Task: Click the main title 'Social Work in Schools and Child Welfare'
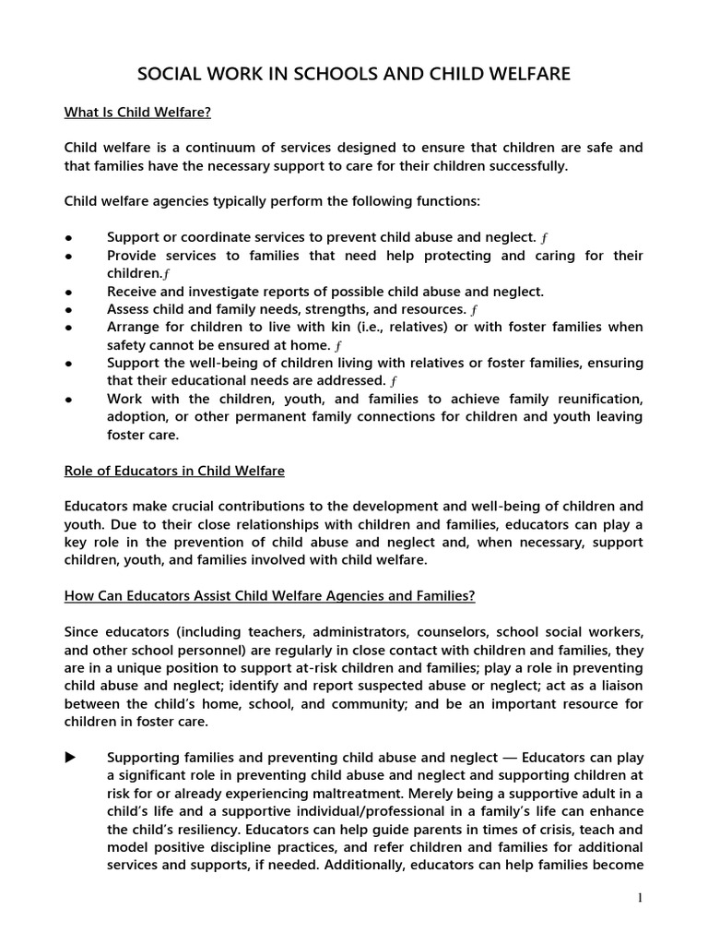click(354, 74)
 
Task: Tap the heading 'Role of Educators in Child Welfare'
click(174, 472)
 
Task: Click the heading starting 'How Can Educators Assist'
click(269, 596)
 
